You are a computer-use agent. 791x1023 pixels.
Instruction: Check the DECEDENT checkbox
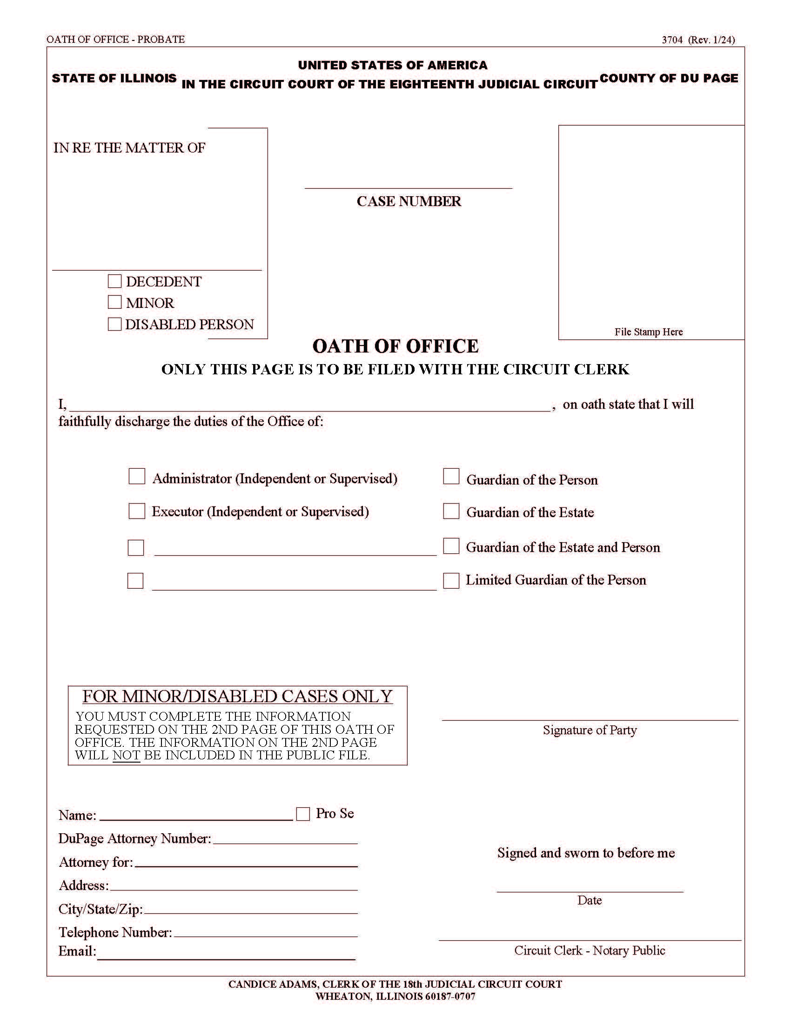(115, 281)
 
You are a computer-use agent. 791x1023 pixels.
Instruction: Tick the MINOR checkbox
(115, 302)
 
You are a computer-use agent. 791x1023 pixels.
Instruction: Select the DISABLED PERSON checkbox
(115, 324)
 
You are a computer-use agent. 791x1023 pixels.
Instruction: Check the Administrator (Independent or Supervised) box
(137, 476)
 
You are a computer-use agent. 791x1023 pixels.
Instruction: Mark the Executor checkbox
(137, 511)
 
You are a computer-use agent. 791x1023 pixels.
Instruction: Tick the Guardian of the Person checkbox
(451, 476)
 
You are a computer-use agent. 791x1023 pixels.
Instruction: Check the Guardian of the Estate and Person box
(451, 546)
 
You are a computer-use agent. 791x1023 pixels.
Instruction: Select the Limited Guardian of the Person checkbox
(451, 580)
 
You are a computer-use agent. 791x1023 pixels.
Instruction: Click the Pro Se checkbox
(303, 814)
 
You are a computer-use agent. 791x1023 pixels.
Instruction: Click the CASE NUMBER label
(409, 201)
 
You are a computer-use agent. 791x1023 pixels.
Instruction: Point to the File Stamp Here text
(649, 332)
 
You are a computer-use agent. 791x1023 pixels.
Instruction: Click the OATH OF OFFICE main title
(395, 346)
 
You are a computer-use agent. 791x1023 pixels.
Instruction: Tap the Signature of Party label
(590, 730)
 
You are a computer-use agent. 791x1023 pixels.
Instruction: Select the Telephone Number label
(115, 932)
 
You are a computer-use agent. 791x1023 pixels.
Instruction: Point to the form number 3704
(672, 40)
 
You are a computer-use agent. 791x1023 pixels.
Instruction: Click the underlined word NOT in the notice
(126, 755)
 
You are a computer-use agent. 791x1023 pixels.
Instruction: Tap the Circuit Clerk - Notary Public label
(590, 950)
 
